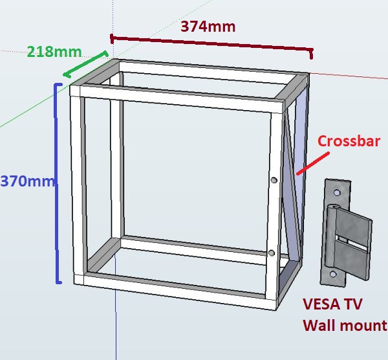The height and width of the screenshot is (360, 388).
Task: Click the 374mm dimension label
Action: [x=208, y=27]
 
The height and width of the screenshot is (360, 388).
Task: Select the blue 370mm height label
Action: [x=27, y=181]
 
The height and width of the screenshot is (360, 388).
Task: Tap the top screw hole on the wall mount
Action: [x=336, y=192]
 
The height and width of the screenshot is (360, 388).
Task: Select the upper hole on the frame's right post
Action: [x=274, y=180]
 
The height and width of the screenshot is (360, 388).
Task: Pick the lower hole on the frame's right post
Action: [x=271, y=253]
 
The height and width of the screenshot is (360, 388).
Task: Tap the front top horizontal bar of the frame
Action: [x=181, y=96]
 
